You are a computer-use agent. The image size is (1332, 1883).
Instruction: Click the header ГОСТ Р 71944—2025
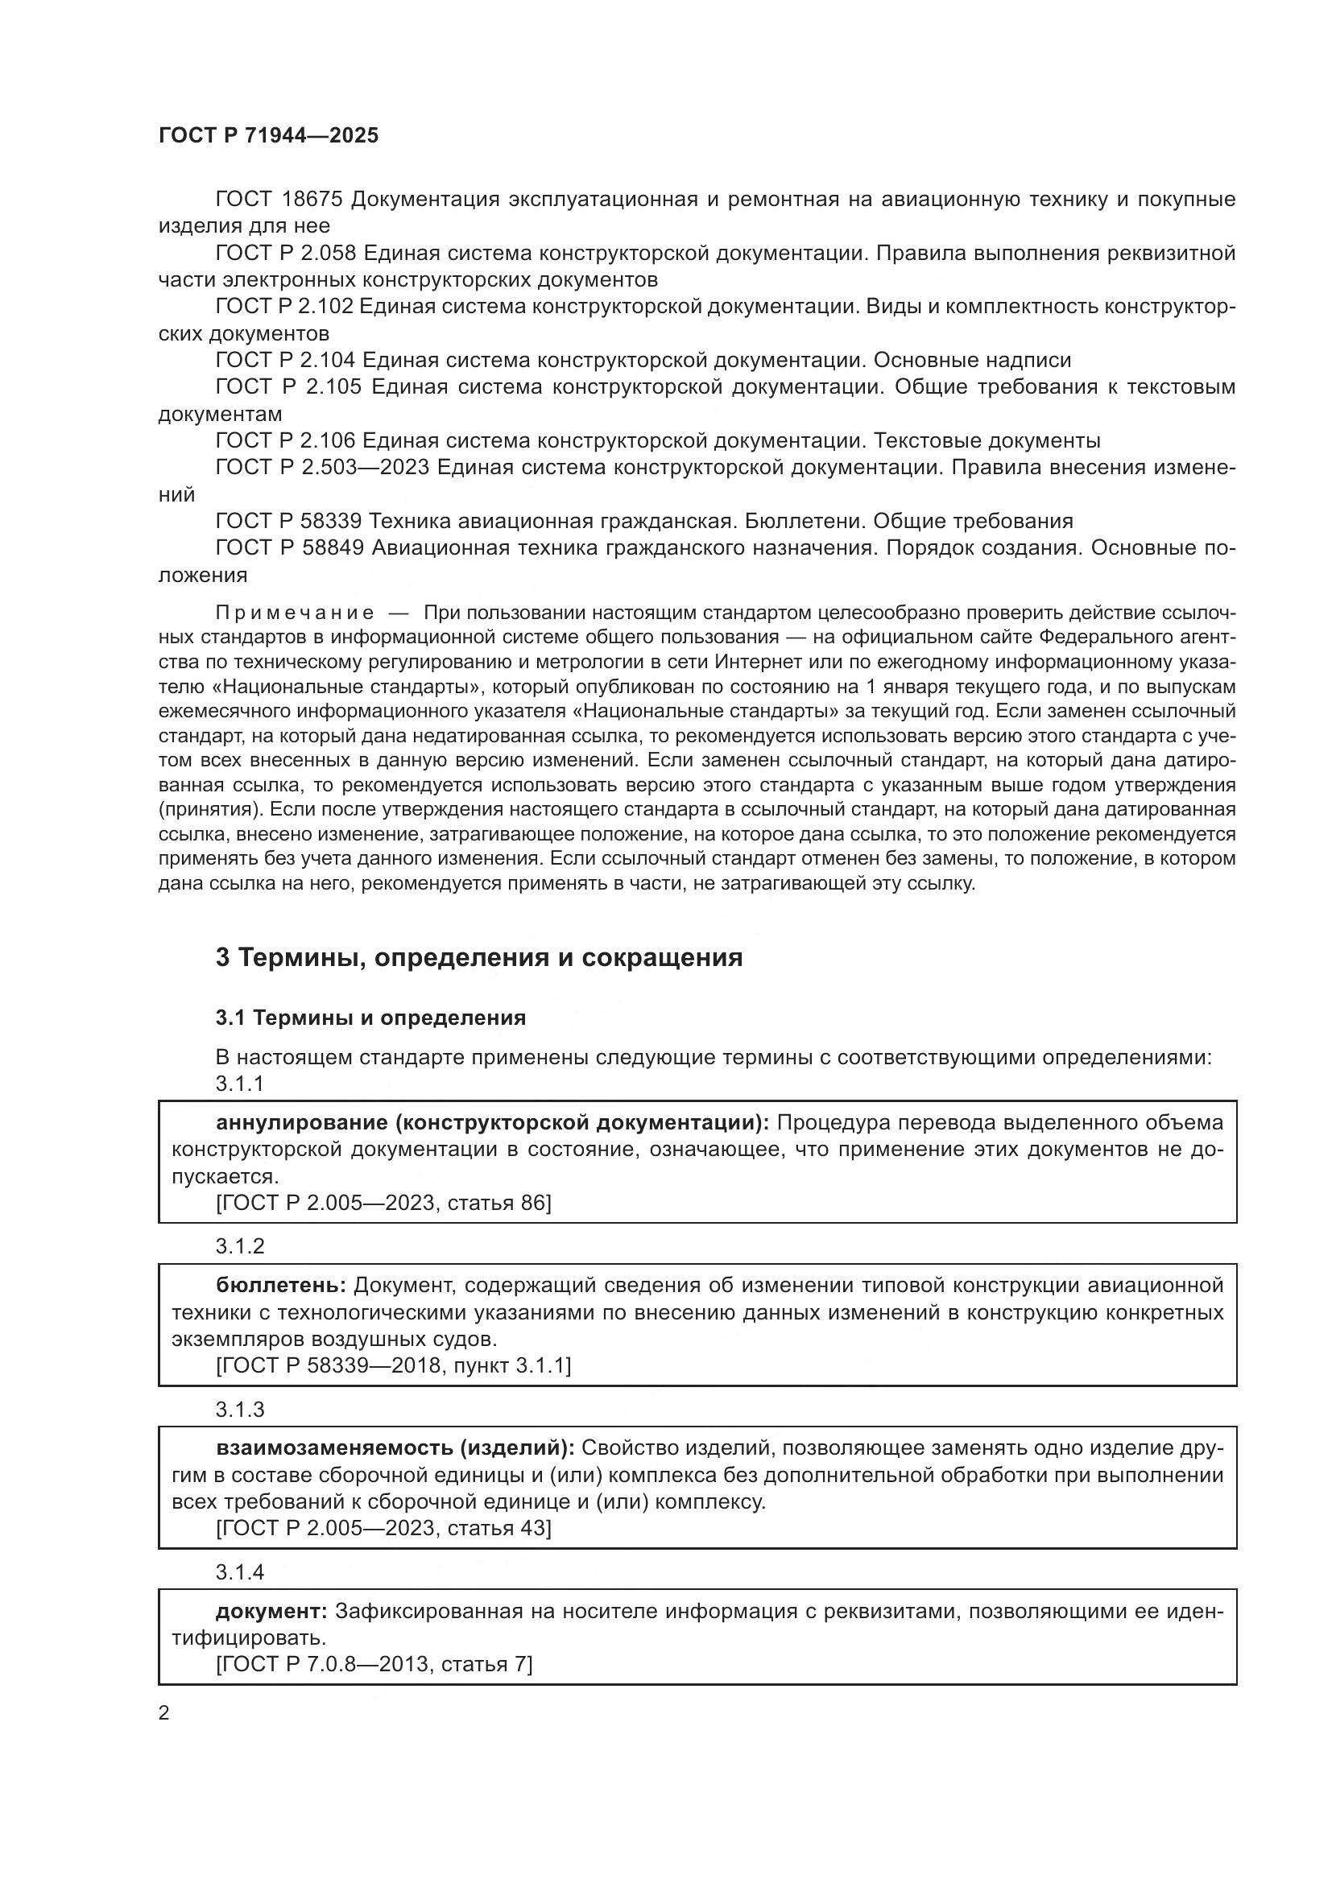[268, 135]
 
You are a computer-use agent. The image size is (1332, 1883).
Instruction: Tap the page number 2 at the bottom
[164, 1712]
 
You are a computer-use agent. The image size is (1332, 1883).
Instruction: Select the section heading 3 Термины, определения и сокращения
[478, 957]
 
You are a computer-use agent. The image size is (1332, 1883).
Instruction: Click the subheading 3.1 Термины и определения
[370, 1018]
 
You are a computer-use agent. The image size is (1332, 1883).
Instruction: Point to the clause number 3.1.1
[239, 1084]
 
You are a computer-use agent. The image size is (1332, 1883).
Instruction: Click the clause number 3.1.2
[239, 1245]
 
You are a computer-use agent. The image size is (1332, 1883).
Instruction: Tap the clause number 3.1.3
[239, 1409]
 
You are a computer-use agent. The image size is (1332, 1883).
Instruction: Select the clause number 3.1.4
[239, 1572]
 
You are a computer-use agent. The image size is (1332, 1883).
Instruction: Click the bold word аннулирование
[303, 1122]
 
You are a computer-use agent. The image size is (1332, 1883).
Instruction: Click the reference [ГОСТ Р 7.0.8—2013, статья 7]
[374, 1664]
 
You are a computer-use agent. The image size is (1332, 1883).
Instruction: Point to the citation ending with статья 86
[383, 1202]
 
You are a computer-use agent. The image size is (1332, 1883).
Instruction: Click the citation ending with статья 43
[383, 1528]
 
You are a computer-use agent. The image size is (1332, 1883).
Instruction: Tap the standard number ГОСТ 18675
[282, 200]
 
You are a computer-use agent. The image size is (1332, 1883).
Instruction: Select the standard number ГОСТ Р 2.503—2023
[322, 467]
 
